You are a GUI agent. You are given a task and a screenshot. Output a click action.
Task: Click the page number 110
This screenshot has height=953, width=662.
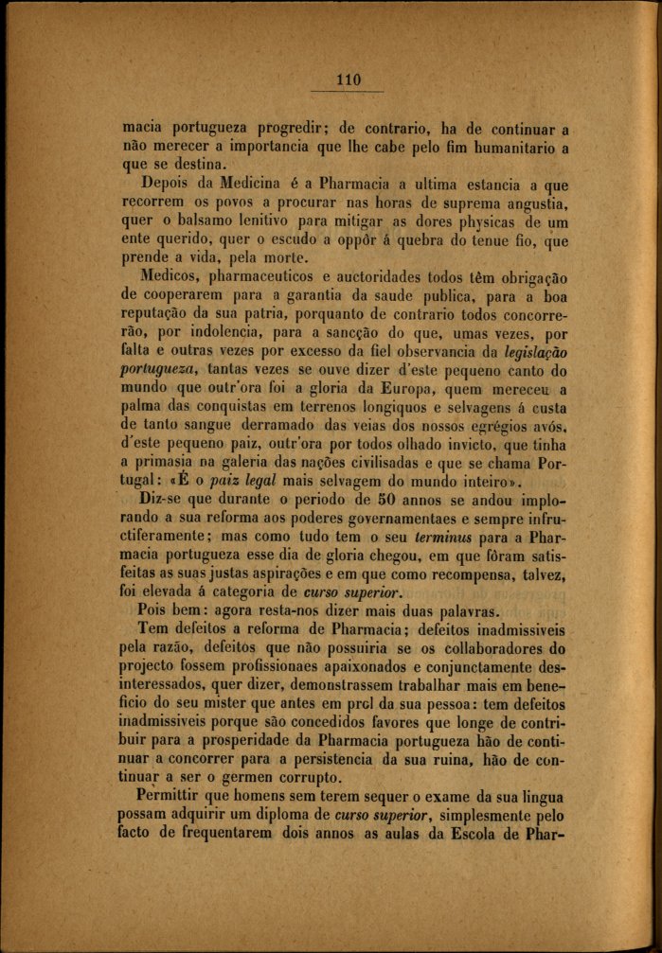click(x=349, y=79)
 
